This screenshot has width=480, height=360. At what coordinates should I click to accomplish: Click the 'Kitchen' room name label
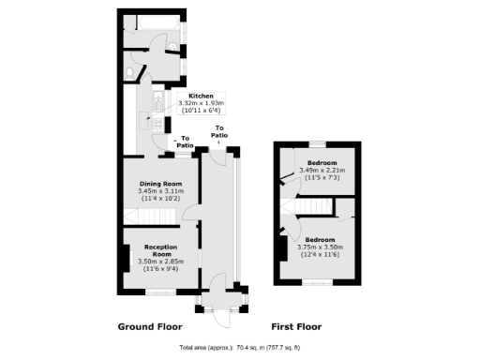point(202,96)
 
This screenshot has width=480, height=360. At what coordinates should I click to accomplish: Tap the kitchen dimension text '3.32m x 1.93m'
point(202,104)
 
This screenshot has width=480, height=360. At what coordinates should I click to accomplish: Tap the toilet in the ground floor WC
point(134,71)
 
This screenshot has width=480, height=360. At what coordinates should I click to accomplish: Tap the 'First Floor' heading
point(296,327)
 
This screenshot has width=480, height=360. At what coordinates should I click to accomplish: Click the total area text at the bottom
point(239,347)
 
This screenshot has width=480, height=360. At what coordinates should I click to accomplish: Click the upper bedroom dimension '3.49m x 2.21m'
point(322,171)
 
